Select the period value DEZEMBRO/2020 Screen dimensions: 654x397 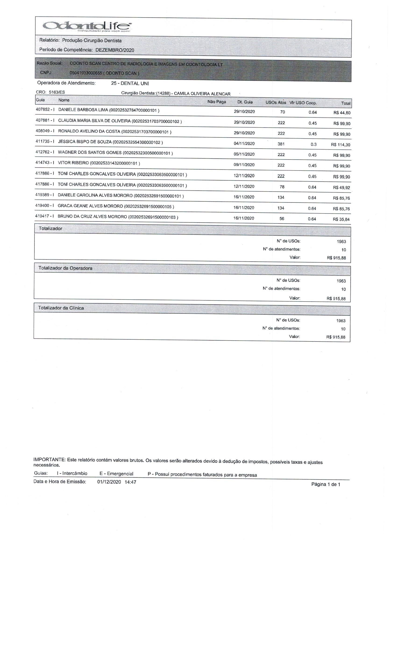pos(115,50)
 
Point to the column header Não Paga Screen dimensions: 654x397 pos(216,102)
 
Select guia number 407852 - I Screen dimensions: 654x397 pos(45,109)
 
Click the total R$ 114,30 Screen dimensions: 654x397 pos(340,145)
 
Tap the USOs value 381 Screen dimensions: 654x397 pos(281,144)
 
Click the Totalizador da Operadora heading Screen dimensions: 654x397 pos(65,268)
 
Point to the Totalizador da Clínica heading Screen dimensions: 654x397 pos(61,308)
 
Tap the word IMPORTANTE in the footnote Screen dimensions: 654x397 pos(49,459)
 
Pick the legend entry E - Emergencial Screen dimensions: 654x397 pos(116,474)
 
